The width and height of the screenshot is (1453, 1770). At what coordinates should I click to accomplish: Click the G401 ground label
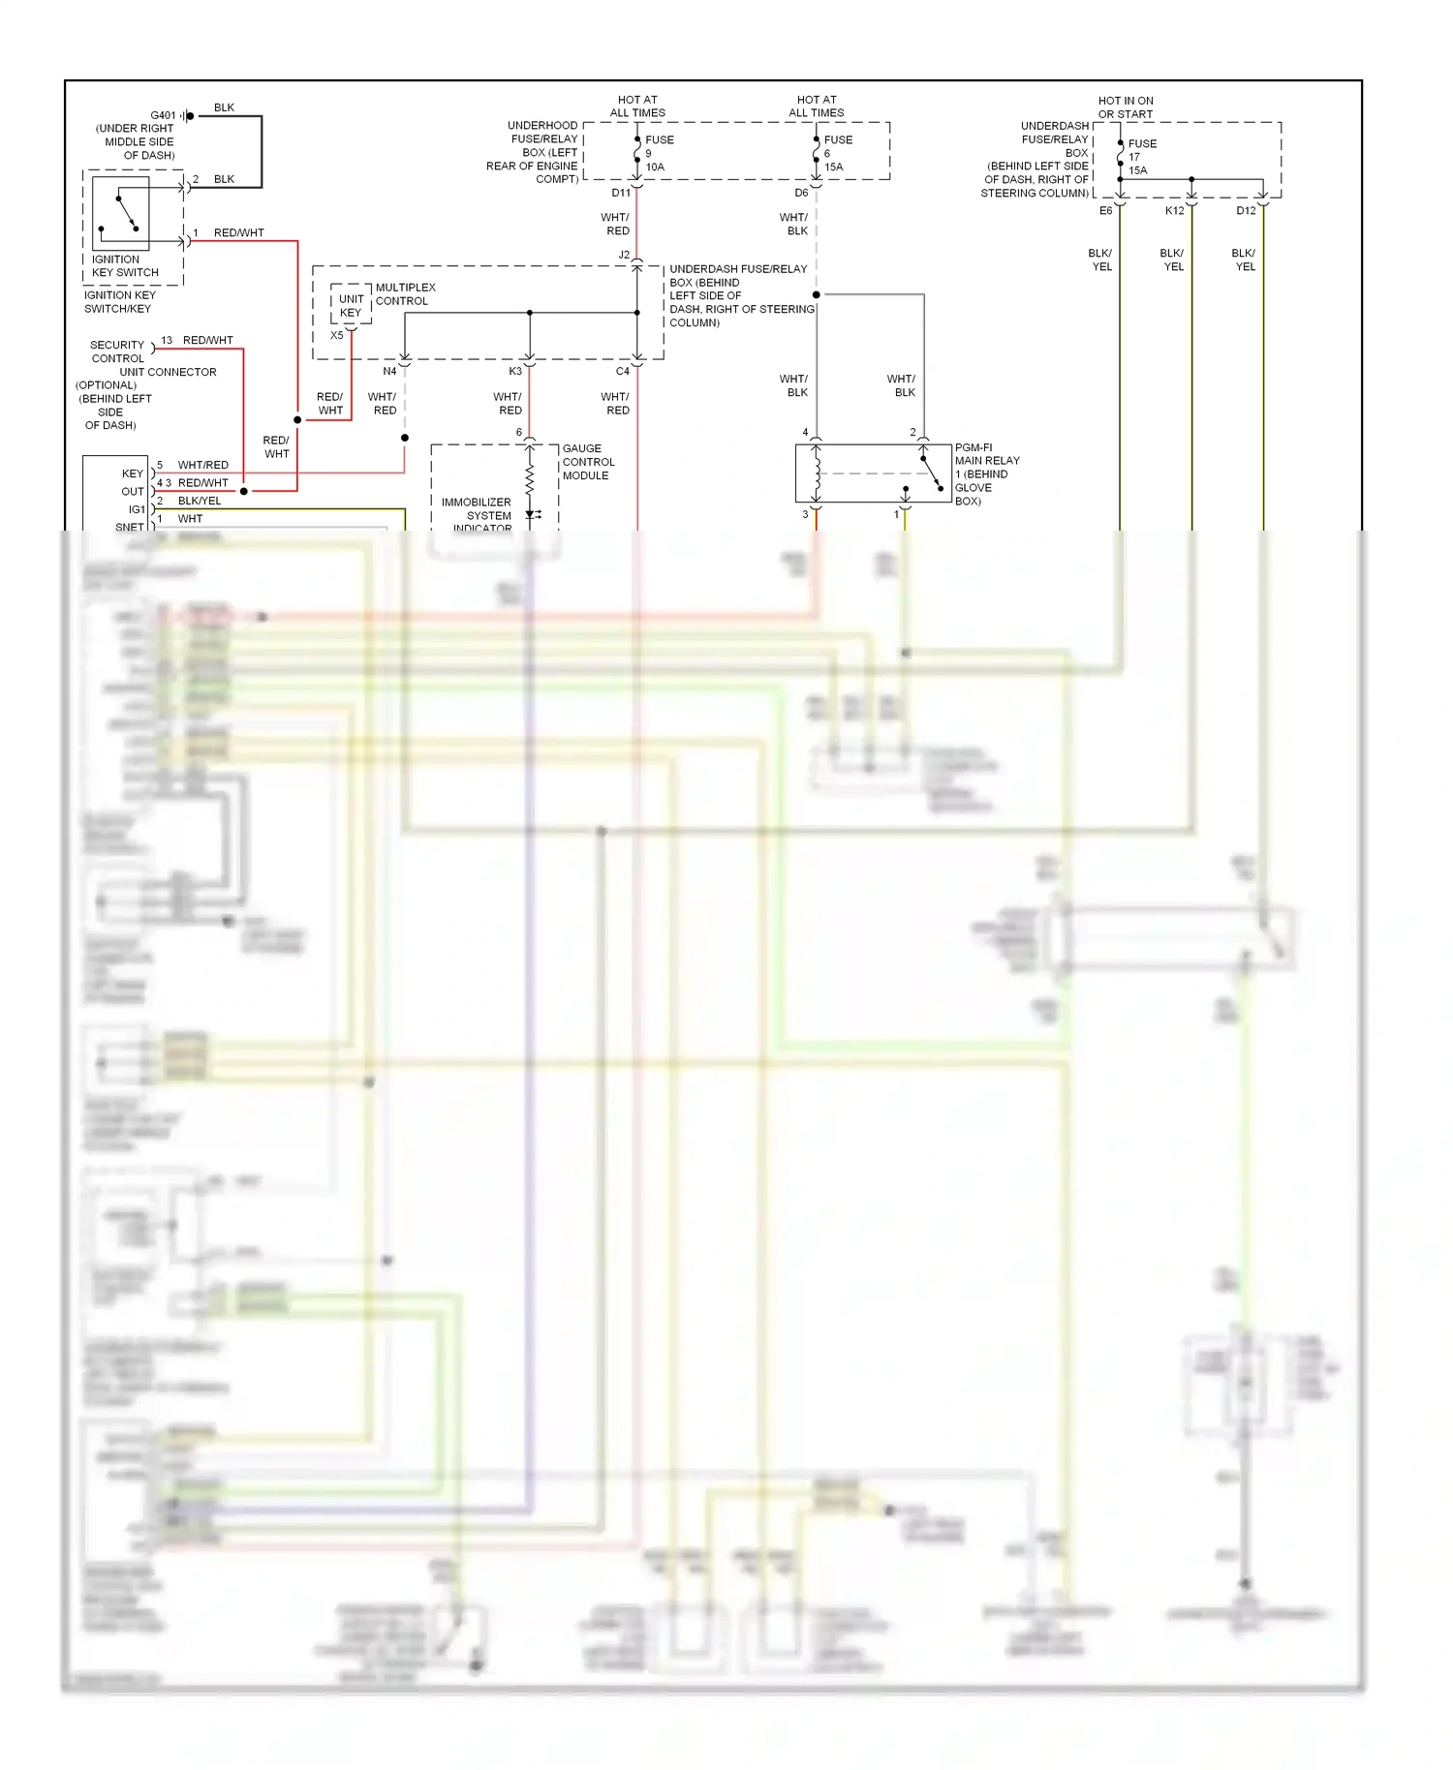pos(163,115)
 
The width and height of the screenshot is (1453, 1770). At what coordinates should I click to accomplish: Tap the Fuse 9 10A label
pos(657,153)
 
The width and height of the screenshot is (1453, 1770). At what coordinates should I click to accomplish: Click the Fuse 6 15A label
pos(836,153)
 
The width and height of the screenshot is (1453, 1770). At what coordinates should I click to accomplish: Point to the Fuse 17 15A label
pos(1140,157)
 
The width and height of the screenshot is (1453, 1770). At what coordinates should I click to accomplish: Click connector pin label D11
pos(621,193)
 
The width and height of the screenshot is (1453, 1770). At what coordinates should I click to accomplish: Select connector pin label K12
pos(1174,210)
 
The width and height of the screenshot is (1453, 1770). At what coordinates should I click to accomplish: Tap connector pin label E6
pos(1105,210)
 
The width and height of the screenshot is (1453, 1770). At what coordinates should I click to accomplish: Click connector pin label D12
pos(1246,210)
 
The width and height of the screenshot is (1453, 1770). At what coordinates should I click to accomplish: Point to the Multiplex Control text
pos(405,294)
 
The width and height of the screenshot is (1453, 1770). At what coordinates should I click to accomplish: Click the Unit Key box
pos(351,306)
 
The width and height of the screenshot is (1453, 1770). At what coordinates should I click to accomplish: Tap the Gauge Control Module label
pos(588,462)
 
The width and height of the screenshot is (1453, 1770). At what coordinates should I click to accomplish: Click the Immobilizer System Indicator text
pos(477,514)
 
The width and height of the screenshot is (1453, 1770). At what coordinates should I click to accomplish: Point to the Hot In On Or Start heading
pos(1126,107)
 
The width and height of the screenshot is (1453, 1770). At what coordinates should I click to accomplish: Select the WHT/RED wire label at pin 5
pos(203,465)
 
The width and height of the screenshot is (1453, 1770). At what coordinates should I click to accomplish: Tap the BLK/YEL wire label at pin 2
pos(200,501)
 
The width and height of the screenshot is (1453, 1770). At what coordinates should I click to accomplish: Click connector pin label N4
pos(389,371)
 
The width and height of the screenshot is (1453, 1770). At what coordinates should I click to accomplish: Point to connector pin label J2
pos(624,255)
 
